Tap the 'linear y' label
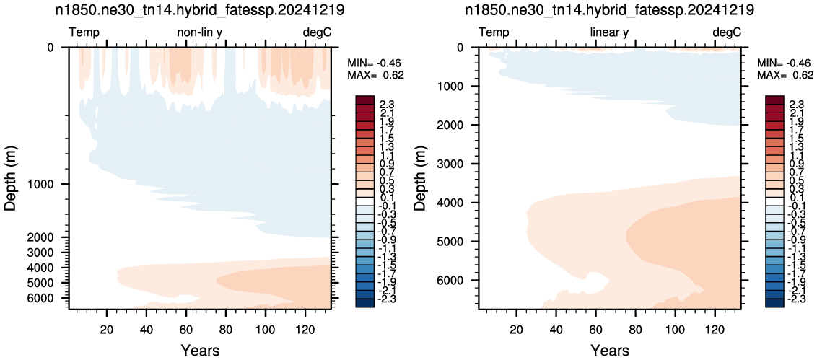pyautogui.click(x=609, y=32)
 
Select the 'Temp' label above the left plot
pyautogui.click(x=84, y=33)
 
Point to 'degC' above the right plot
pyautogui.click(x=726, y=32)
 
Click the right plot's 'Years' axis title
pyautogui.click(x=610, y=350)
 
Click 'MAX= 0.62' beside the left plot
pyautogui.click(x=375, y=75)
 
